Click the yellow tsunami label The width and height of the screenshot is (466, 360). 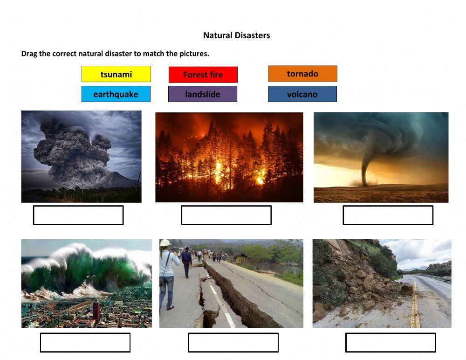click(116, 74)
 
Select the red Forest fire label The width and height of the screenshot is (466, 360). click(203, 75)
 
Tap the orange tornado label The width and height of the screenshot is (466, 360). click(302, 74)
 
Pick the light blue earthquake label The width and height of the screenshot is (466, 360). click(116, 94)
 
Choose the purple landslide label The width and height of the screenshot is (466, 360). click(202, 94)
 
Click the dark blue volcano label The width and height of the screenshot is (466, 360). click(302, 94)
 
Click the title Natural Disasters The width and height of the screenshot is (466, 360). click(236, 35)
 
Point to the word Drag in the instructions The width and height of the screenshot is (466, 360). click(29, 54)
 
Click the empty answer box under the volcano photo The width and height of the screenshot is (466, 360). click(78, 215)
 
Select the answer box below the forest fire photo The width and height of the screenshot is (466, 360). click(226, 215)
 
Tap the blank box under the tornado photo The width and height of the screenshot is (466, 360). click(388, 215)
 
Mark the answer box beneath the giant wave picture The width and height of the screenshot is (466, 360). click(85, 342)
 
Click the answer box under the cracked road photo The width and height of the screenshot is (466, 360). click(233, 342)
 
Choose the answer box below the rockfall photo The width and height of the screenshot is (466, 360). click(391, 342)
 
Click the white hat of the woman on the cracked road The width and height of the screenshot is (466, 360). click(165, 243)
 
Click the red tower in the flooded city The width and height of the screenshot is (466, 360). click(96, 308)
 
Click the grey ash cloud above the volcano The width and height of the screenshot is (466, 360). click(70, 149)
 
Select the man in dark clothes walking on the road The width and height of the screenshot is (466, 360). click(187, 261)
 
